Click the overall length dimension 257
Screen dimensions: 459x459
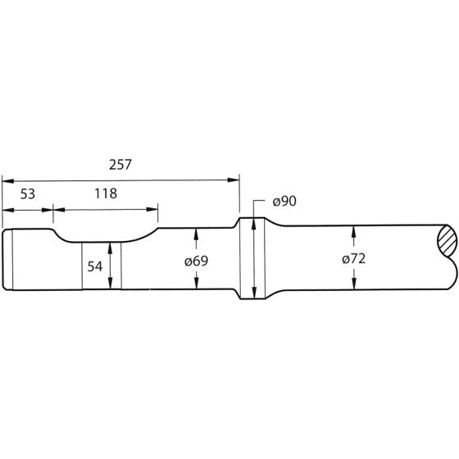[120, 163]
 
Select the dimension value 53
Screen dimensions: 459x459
[26, 194]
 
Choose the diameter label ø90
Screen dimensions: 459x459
[283, 201]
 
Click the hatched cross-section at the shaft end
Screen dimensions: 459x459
[446, 242]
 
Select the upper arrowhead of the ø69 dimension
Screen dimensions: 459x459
[197, 234]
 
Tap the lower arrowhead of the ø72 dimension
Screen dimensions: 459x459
[353, 284]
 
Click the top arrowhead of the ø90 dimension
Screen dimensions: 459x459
[254, 220]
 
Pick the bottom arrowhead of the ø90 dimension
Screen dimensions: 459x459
[254, 296]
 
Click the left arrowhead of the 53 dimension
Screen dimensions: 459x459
[7, 209]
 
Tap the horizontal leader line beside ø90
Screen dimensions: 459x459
[261, 200]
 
